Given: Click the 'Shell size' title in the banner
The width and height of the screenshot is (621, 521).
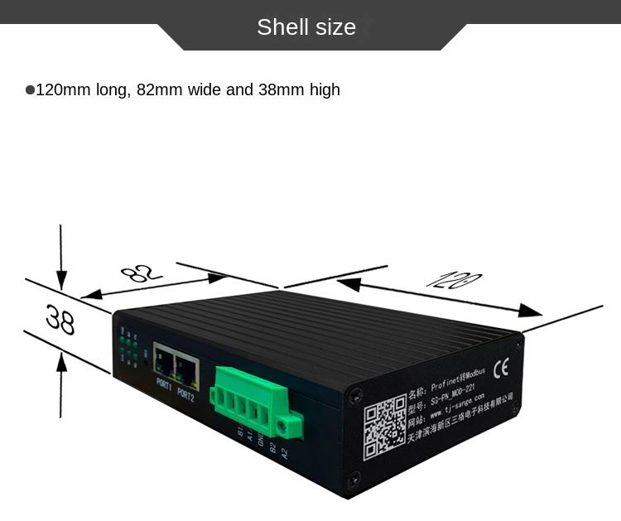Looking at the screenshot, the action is click(x=306, y=27).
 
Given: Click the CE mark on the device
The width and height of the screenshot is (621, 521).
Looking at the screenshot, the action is click(x=502, y=369).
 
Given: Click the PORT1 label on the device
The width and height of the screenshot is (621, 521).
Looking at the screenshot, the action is click(x=163, y=385).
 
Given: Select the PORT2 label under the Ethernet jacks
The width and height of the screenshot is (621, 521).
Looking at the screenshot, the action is click(x=185, y=394).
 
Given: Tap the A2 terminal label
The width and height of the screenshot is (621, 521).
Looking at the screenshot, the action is click(x=284, y=453).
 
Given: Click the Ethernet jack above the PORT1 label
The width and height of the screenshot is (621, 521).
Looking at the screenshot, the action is click(x=163, y=363).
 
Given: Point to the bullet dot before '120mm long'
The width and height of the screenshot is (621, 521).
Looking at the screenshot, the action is click(x=30, y=89).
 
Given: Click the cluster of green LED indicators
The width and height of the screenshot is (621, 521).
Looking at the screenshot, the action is click(x=128, y=348).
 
